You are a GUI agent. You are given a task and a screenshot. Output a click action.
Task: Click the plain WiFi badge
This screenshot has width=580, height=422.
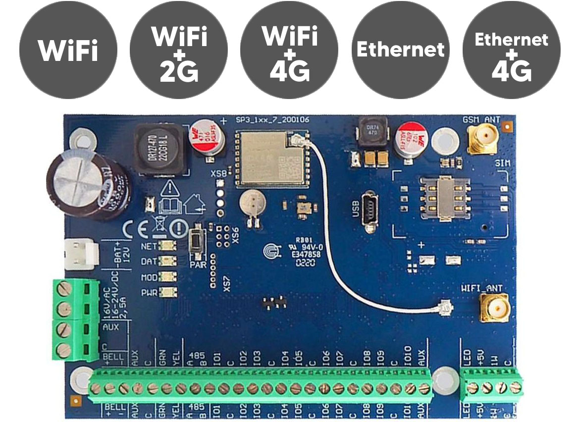pos(68,50)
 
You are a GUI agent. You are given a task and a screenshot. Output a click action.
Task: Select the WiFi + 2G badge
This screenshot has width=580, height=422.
pos(179,50)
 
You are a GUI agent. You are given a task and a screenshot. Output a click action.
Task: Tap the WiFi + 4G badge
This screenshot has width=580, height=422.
pos(289,50)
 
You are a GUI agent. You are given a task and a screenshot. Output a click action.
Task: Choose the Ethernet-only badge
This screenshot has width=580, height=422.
pos(400,50)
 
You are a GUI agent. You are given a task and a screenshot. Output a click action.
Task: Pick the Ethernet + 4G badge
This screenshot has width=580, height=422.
pos(511,50)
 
